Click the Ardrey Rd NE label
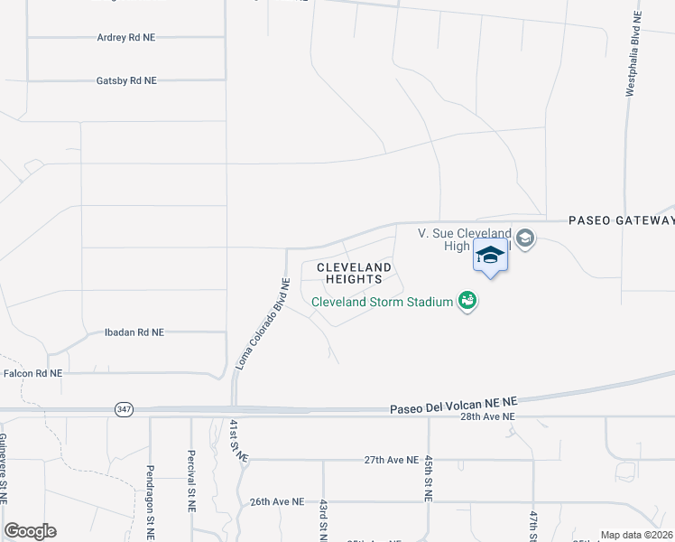pos(125,37)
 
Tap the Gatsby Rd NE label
pos(126,80)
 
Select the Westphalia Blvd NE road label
pos(634,53)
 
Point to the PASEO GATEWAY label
pos(621,220)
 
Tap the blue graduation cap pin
pos(490,256)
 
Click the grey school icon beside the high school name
pos(526,238)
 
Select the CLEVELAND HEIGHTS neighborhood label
pos(354,273)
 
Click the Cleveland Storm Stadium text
pos(382,302)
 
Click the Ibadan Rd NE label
pos(134,332)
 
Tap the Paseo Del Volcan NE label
pos(453,408)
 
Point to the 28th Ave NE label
pos(487,417)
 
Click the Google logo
pos(30,531)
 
